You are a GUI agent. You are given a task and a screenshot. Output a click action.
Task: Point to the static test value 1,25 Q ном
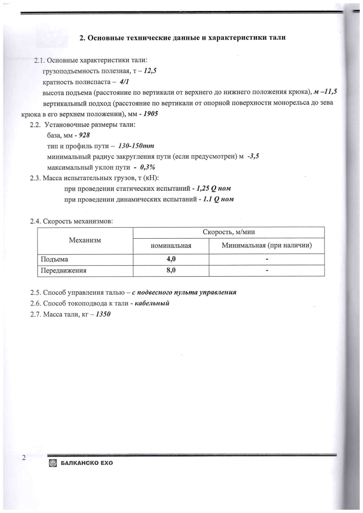pyautogui.click(x=213, y=189)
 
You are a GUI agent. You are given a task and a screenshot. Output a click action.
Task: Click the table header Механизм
pyautogui.click(x=85, y=240)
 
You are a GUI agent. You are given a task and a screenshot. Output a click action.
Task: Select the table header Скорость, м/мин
pyautogui.click(x=228, y=232)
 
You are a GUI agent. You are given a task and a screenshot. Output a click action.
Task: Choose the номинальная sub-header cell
pyautogui.click(x=170, y=246)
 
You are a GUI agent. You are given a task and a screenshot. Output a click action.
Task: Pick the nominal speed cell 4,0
pyautogui.click(x=171, y=259)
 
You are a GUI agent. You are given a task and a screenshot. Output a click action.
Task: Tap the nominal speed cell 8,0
pyautogui.click(x=171, y=271)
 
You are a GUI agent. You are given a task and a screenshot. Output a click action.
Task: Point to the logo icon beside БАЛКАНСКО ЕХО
pyautogui.click(x=52, y=463)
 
